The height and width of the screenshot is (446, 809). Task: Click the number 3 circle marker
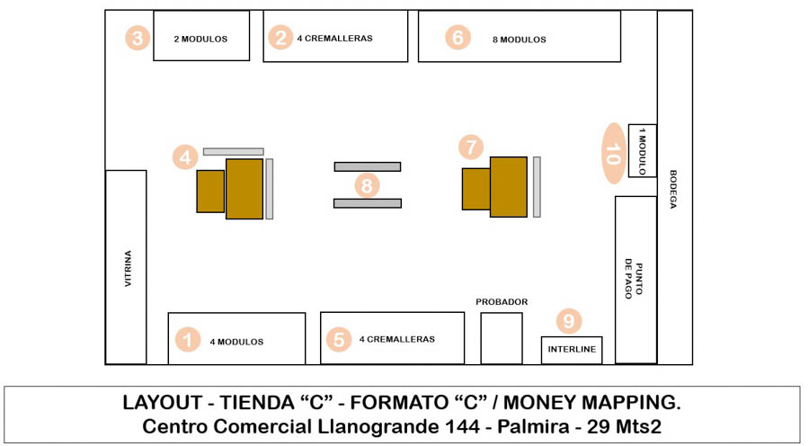(x=137, y=38)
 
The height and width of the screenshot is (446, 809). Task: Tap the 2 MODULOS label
(x=200, y=39)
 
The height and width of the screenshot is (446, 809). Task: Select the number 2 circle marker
(x=281, y=38)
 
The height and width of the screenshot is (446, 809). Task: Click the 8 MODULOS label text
(x=519, y=40)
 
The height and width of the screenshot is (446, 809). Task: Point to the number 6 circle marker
(x=458, y=38)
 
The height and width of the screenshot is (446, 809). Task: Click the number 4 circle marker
(x=185, y=156)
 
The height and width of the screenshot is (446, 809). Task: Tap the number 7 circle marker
(x=470, y=146)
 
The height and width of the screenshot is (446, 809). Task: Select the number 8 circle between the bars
(x=367, y=185)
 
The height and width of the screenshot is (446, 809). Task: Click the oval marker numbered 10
(x=613, y=153)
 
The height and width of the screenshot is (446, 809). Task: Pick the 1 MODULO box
(x=643, y=151)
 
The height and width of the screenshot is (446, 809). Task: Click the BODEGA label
(x=674, y=189)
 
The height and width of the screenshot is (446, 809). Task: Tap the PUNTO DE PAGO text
(x=634, y=279)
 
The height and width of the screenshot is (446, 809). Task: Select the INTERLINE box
(x=572, y=350)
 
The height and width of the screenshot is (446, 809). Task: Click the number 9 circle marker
(x=569, y=321)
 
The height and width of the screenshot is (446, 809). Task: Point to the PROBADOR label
(x=502, y=302)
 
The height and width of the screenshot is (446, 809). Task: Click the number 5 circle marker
(x=339, y=339)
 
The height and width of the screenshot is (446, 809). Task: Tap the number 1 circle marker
(x=187, y=340)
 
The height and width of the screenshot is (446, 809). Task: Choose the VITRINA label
(x=127, y=269)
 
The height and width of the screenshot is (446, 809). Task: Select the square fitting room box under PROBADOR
(x=501, y=338)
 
